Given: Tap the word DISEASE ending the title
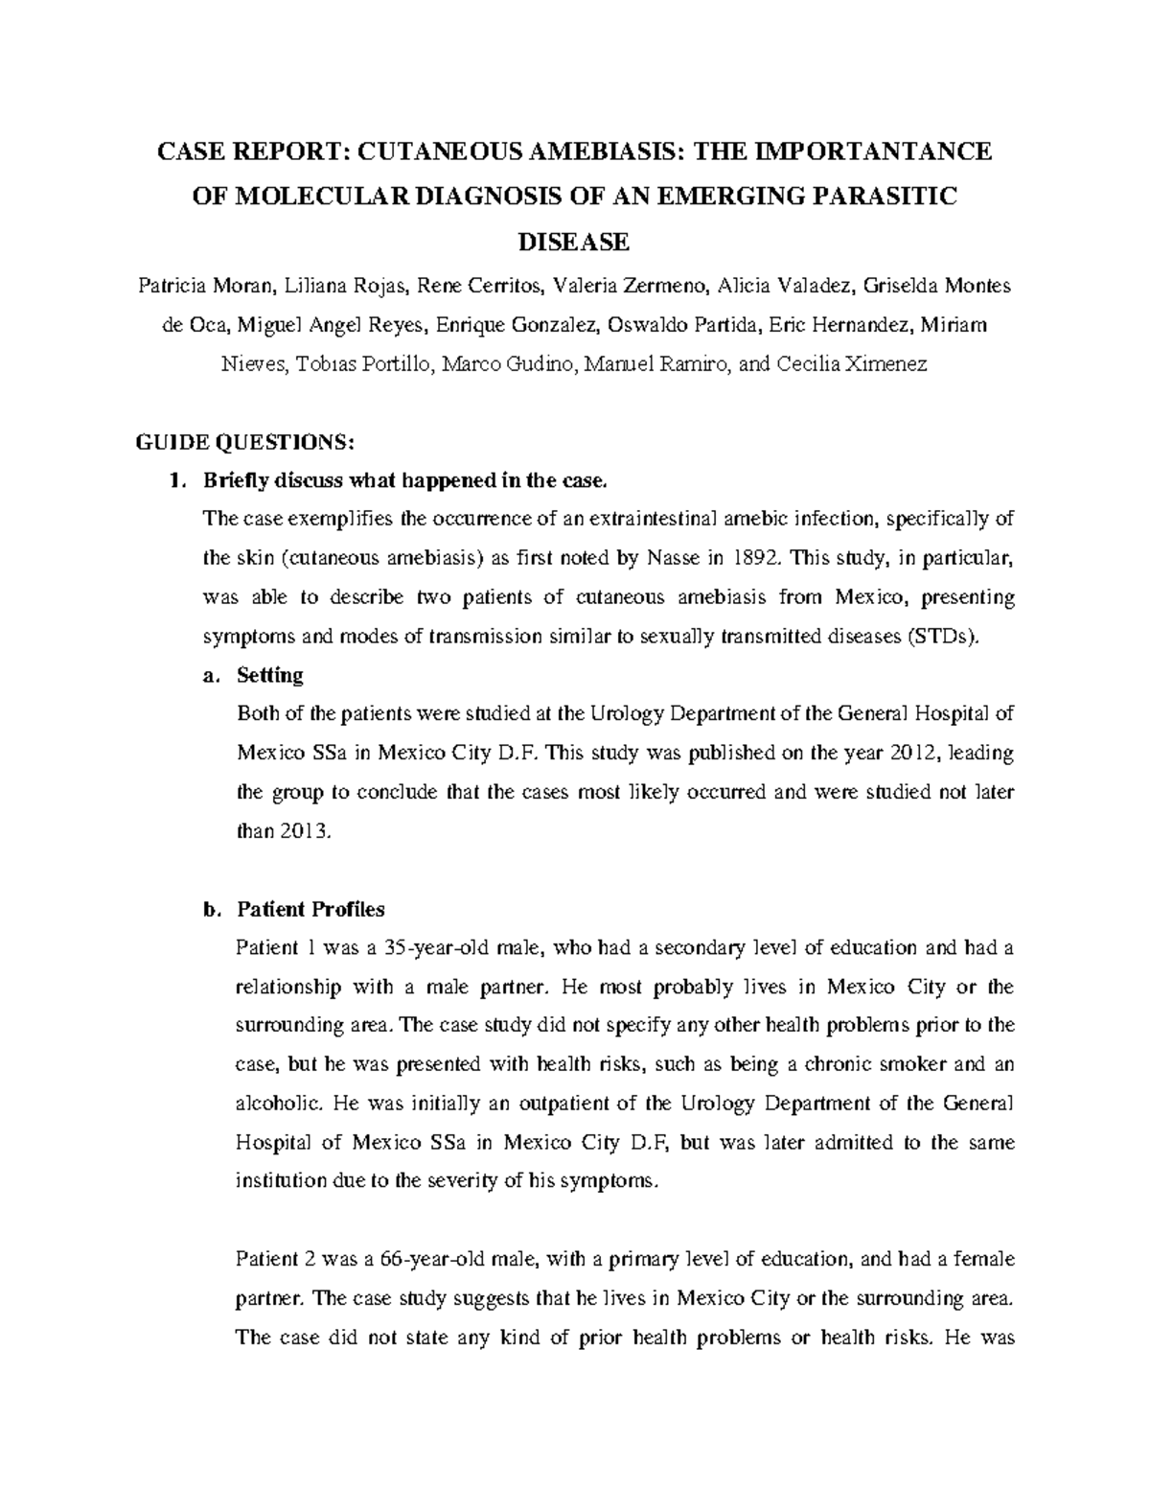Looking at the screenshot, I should (x=573, y=242).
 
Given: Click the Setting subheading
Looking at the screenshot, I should (x=269, y=675).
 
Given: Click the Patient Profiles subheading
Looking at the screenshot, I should (x=310, y=909).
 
